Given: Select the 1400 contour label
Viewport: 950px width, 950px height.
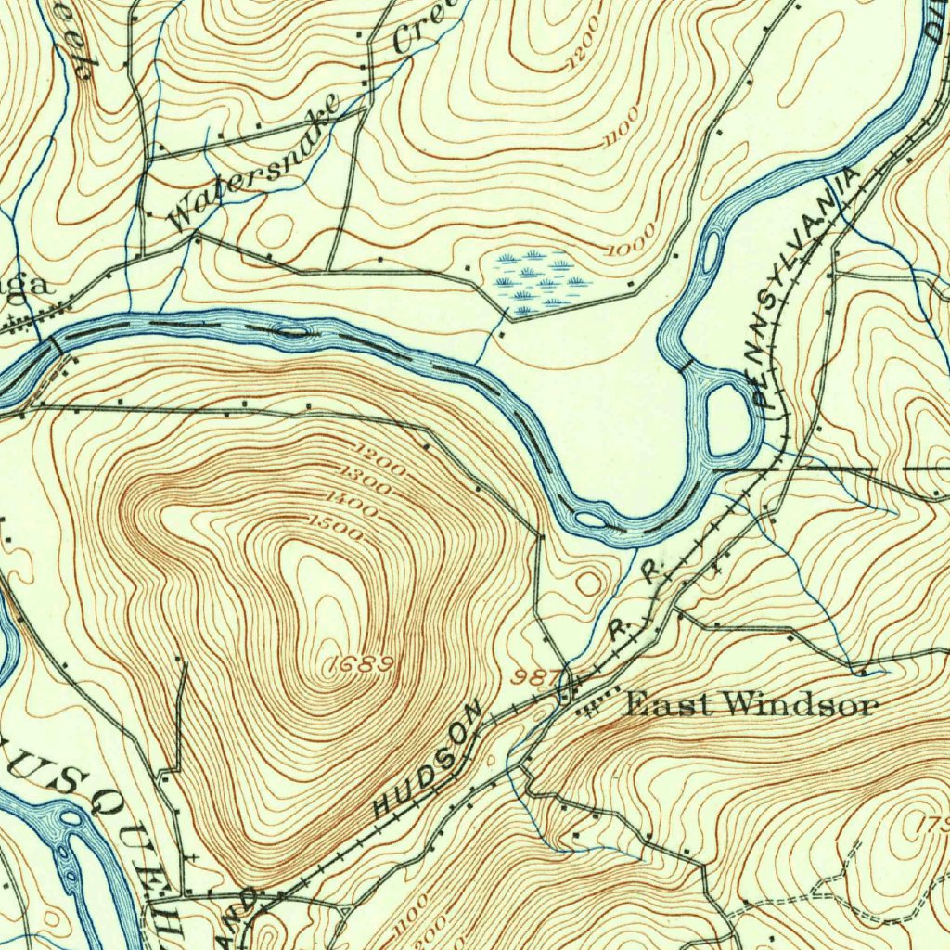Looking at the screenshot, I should point(351,508).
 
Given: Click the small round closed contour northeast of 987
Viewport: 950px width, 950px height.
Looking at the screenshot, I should point(588,584).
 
